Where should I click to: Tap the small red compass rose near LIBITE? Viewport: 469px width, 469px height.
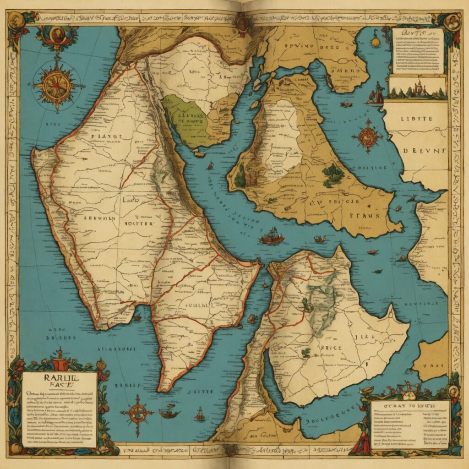click(x=367, y=136)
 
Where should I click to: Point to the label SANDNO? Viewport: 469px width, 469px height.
click(x=333, y=72)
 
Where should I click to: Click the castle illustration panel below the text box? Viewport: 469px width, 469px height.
click(x=417, y=88)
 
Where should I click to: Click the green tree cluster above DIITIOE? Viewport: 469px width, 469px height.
click(x=333, y=174)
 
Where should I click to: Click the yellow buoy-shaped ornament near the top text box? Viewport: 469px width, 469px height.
click(x=376, y=40)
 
